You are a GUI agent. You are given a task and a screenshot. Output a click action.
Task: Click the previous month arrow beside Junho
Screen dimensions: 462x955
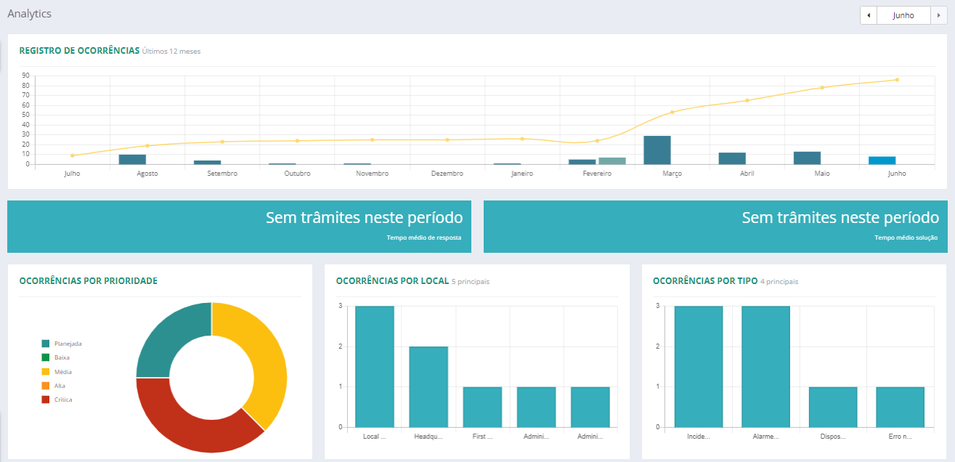[869, 15]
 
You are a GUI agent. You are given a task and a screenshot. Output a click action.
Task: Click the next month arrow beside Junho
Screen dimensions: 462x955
[939, 15]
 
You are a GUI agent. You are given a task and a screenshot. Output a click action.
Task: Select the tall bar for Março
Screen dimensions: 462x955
[657, 150]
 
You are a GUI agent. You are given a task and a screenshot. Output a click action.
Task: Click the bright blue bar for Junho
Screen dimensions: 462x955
[882, 160]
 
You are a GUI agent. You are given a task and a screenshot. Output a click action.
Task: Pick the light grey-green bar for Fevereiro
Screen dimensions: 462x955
[612, 161]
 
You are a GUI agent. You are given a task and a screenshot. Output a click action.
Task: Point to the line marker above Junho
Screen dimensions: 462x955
[897, 80]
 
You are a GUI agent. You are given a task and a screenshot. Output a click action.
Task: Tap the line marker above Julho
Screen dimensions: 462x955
[73, 155]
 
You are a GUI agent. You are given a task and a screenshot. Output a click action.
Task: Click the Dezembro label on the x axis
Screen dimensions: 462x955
[447, 174]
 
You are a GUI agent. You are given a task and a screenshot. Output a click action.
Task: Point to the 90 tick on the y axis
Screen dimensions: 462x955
[25, 76]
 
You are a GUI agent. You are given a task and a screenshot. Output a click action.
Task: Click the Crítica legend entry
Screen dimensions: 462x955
[62, 400]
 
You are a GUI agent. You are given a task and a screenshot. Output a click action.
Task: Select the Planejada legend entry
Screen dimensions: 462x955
[67, 344]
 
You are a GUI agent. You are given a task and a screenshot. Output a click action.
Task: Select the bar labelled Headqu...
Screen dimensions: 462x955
[428, 386]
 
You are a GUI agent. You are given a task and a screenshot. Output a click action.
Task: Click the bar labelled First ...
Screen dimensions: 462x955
[482, 407]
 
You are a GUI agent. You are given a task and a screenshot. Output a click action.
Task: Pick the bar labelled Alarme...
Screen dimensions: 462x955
[765, 366]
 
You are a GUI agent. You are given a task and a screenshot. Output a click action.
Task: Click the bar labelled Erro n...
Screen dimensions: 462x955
[900, 407]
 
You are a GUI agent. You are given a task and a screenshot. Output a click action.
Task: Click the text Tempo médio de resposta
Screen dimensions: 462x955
[424, 238]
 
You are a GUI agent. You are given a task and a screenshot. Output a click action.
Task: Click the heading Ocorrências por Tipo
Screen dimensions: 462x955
[704, 281]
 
